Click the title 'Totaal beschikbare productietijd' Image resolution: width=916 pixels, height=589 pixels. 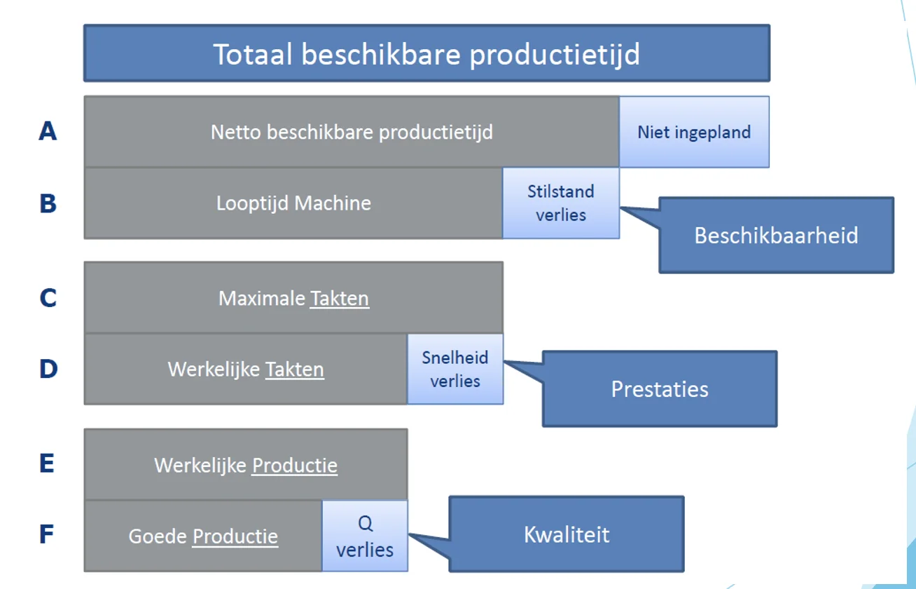426,54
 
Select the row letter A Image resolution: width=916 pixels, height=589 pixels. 47,130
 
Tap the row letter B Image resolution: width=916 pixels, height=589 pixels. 47,203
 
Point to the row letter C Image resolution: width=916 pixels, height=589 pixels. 47,298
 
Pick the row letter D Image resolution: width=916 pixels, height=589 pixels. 48,369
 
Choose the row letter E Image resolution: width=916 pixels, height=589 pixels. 47,463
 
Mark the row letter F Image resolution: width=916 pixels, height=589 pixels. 46,535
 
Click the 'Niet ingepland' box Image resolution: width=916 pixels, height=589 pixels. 694,132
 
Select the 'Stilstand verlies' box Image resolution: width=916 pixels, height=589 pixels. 561,203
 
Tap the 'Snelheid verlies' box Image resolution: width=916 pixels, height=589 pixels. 455,370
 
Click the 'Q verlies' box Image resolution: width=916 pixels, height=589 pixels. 365,536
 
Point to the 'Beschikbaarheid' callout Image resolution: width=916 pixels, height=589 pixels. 776,235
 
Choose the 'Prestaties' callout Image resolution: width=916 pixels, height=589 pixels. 660,389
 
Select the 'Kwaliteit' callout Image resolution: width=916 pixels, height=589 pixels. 567,534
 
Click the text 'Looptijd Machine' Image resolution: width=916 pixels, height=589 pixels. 293,203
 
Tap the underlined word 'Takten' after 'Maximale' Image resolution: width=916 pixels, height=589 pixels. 340,299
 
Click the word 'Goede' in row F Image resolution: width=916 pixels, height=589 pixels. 158,537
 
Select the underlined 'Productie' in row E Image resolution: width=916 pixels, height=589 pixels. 295,466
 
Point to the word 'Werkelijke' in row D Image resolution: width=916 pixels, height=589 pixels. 214,370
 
